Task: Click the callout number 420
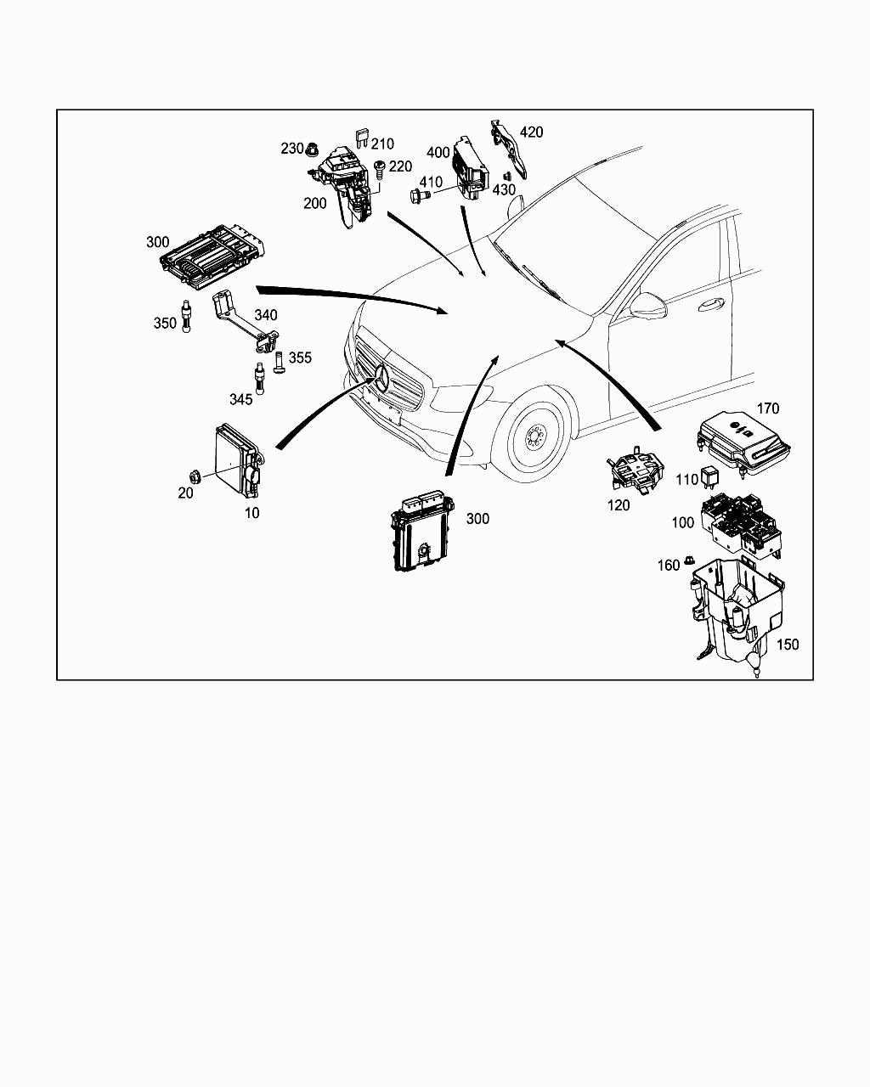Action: pyautogui.click(x=531, y=132)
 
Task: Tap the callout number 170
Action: pyautogui.click(x=767, y=408)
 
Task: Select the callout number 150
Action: pyautogui.click(x=788, y=645)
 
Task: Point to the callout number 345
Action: pyautogui.click(x=240, y=399)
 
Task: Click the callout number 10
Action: pyautogui.click(x=251, y=513)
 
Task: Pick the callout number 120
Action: pyautogui.click(x=619, y=505)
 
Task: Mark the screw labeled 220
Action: pyautogui.click(x=380, y=167)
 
